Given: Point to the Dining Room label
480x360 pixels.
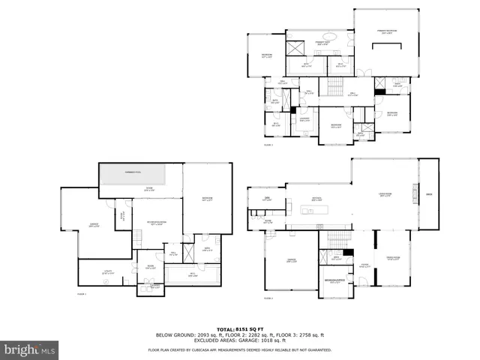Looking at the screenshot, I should tap(392, 259).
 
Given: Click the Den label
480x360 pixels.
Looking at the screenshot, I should tap(267, 199).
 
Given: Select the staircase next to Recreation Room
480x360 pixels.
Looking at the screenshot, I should tap(139, 238).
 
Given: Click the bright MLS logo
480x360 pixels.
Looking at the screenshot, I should tap(30, 349).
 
